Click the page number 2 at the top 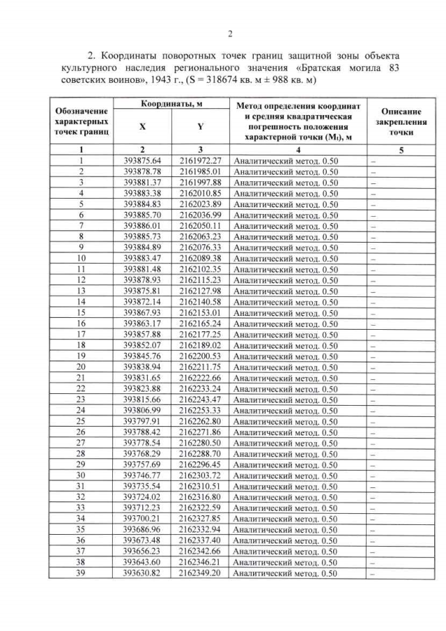[230, 33]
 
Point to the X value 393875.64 [142, 160]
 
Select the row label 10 [82, 258]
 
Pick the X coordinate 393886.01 [142, 226]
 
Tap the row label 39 [82, 573]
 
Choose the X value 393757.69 [142, 464]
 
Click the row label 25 [82, 421]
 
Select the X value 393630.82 [142, 573]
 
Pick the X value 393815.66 [142, 400]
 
